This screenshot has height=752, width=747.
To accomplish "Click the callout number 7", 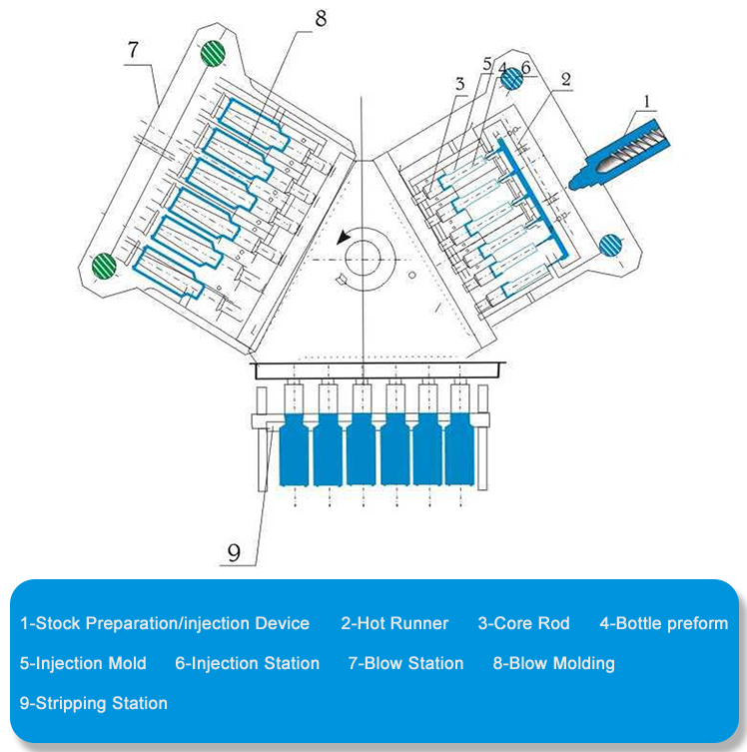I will click(133, 49).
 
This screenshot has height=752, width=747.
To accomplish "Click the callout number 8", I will click(321, 18).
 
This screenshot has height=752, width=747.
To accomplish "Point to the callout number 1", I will click(646, 100).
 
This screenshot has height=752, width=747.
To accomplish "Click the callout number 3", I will click(459, 85).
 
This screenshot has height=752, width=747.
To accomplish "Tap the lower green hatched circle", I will click(104, 267).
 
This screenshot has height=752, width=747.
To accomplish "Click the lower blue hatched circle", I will click(611, 245).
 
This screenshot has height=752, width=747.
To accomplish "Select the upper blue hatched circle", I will click(511, 80).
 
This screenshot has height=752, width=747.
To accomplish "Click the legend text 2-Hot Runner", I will click(394, 623).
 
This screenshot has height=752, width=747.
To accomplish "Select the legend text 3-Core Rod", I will click(523, 623).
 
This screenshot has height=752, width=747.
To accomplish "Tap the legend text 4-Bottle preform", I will click(663, 623).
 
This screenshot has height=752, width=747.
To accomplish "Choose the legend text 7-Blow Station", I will click(405, 663).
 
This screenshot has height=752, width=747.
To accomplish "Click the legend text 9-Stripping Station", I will click(94, 703).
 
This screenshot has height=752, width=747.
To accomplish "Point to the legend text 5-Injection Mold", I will click(83, 663).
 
